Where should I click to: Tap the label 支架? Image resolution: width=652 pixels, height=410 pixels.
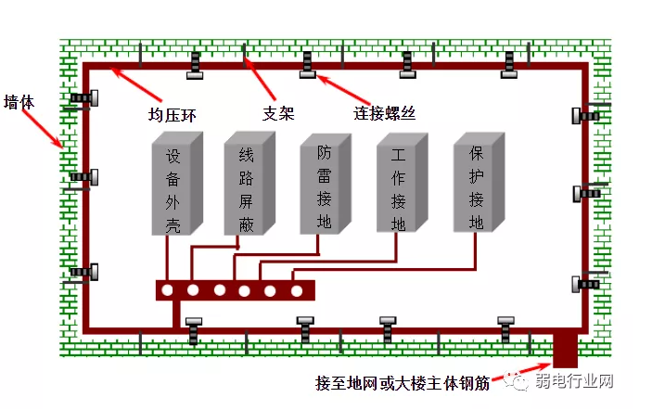coord(278,113)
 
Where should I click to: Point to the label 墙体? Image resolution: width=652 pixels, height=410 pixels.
coord(19,101)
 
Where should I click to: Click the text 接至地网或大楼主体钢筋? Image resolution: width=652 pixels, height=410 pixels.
coord(405,382)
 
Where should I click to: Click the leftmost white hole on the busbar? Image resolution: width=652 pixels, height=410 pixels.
coord(167,290)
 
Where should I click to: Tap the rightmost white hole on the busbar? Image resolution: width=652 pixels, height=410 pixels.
coord(297,290)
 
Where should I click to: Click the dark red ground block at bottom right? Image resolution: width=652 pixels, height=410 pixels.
coord(565,350)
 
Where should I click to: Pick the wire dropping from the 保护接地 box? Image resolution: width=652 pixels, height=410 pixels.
coord(477,250)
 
